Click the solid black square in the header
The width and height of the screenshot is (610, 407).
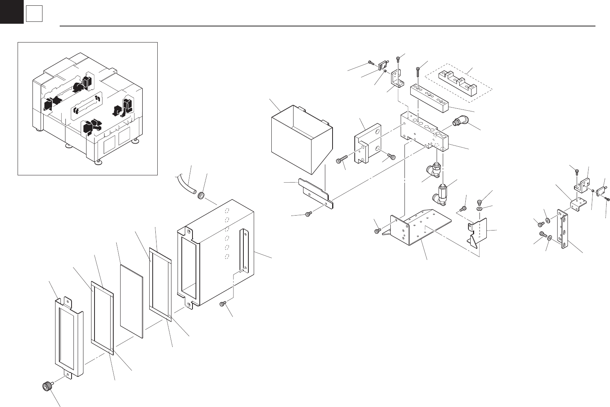(11, 11)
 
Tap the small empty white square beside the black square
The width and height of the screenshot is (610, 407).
(34, 15)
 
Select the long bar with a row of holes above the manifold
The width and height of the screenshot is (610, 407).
(429, 99)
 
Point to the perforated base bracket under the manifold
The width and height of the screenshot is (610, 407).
(419, 228)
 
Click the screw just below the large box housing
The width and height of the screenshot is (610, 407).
(222, 304)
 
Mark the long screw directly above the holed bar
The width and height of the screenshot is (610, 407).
(418, 72)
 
